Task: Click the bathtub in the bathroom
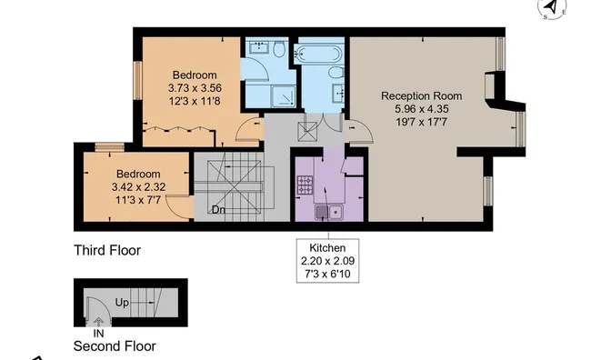coord(317,54)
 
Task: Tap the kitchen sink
coord(328,212)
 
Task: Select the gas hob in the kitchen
coord(306,185)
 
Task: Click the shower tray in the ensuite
coord(284,96)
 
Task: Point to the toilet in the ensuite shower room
coord(280,49)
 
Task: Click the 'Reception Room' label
coord(421,95)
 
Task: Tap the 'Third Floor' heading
coord(107,250)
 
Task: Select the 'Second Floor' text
coord(115,346)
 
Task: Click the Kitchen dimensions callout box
coord(327,261)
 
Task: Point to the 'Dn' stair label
coord(218,210)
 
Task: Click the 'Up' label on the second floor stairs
coord(122,303)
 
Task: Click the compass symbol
coord(552,7)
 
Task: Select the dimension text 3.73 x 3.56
coord(195,88)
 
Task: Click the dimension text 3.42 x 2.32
coord(138,187)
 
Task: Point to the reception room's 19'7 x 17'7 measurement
coord(421,123)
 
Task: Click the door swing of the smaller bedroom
coord(179,207)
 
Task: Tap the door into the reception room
coord(359,132)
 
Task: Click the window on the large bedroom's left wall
coord(137,81)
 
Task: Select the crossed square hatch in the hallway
coord(307,132)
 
